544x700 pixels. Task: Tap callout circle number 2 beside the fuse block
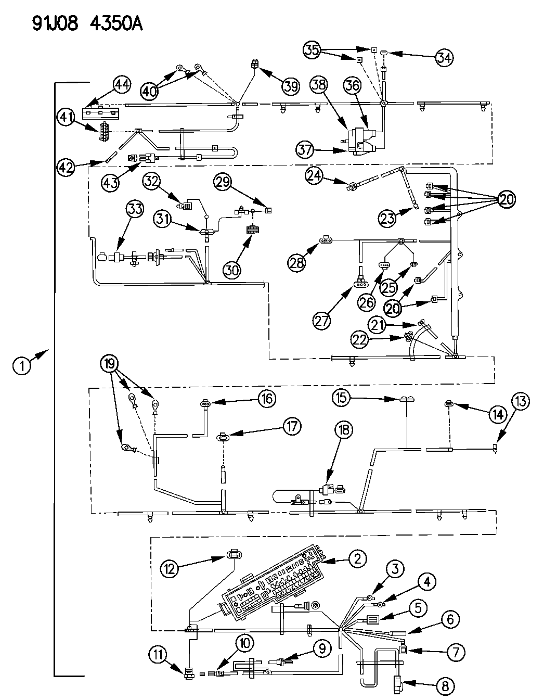point(357,559)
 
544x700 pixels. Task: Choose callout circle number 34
point(444,58)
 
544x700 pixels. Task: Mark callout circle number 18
point(343,429)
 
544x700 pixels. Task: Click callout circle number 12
point(170,568)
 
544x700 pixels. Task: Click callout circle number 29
point(223,182)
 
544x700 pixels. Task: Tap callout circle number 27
point(322,320)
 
